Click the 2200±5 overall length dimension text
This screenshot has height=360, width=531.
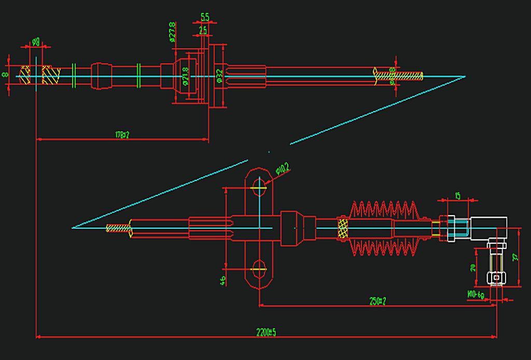point(265,332)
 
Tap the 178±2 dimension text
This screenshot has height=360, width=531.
point(122,135)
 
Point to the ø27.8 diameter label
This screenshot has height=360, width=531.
point(171,32)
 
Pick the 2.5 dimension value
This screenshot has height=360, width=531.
point(203,31)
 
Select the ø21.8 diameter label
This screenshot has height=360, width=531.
point(185,78)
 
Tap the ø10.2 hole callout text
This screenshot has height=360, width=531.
point(282,168)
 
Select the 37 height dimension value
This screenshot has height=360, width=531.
point(514,257)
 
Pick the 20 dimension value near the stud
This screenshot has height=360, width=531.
point(472,268)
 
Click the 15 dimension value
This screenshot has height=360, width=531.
point(457,196)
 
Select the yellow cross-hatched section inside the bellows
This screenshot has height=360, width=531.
point(343,228)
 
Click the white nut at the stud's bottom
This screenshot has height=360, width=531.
point(496,279)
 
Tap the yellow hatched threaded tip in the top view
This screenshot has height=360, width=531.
point(404,76)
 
